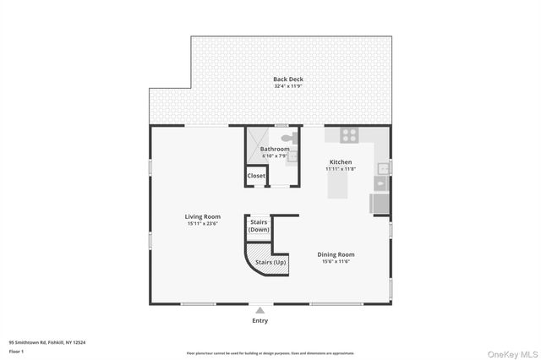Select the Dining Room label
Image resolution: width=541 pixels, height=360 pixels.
coord(336,254)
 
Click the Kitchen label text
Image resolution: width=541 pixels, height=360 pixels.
coord(340,161)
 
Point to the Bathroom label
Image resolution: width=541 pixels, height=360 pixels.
coord(275,150)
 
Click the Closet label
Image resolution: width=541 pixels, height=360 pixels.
coord(256,176)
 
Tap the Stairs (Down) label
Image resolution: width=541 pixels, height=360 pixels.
coord(259,226)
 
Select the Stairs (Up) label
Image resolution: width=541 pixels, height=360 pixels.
coord(270,262)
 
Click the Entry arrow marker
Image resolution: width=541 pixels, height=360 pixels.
coord(260,311)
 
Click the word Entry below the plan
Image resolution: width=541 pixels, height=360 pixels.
coord(260,320)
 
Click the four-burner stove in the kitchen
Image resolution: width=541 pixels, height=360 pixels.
coord(349,134)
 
